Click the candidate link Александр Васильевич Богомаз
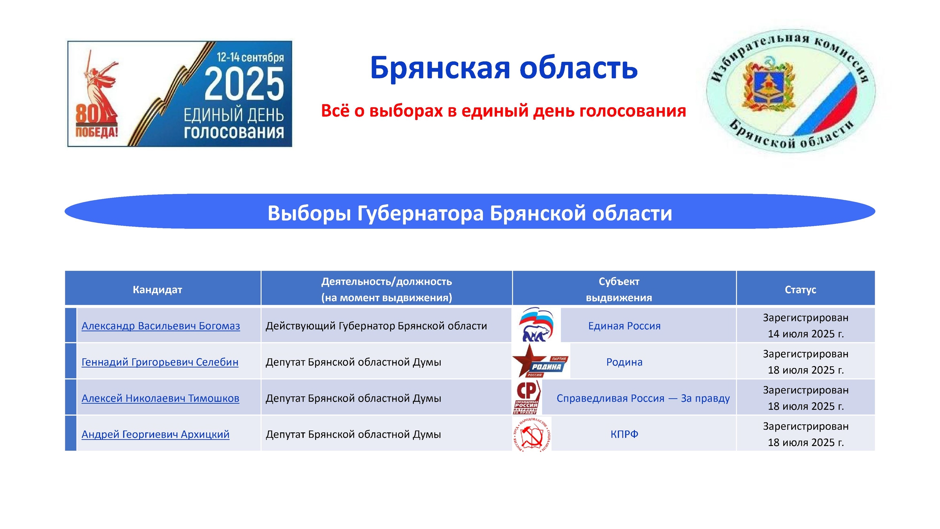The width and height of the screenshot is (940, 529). (x=161, y=326)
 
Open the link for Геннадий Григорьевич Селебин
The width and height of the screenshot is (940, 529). (x=160, y=362)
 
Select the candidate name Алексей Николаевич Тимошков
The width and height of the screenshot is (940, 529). (x=160, y=398)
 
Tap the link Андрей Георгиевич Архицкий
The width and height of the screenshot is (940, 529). (x=155, y=434)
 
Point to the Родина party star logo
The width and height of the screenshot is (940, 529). (x=540, y=361)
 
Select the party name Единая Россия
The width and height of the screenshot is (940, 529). (x=624, y=326)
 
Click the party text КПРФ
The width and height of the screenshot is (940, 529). (x=624, y=434)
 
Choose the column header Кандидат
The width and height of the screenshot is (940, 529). (x=157, y=290)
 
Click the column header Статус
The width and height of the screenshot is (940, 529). (x=800, y=290)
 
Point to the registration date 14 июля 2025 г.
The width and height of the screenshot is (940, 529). (x=806, y=334)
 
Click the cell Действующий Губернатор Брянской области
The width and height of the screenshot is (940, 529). (x=376, y=326)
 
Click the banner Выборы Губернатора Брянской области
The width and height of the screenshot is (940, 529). (x=470, y=213)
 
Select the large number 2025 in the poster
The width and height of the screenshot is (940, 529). (x=244, y=84)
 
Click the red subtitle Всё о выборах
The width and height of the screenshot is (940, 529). (x=503, y=111)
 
